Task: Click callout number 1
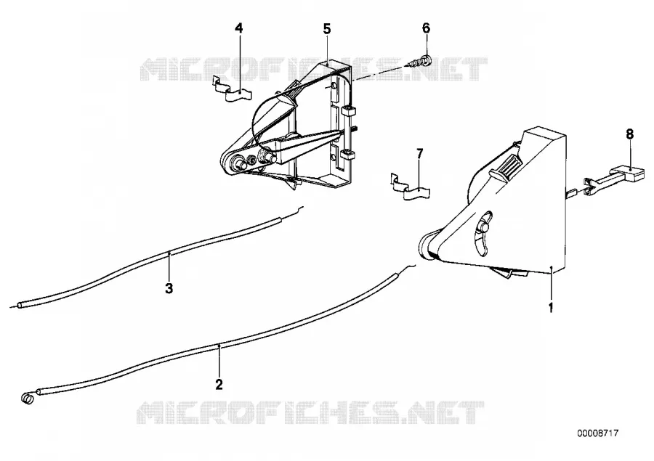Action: pos(551,308)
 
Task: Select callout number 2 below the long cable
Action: pos(219,384)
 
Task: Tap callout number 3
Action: pos(169,288)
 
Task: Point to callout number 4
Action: pos(238,28)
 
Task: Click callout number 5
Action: pos(326,29)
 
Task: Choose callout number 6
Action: pos(426,28)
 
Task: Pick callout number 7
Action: pos(419,153)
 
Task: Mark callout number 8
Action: pos(630,134)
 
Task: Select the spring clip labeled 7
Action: pos(411,187)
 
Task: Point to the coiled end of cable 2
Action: pos(27,399)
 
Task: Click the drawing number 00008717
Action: pos(598,433)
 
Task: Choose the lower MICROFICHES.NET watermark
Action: pos(311,412)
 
